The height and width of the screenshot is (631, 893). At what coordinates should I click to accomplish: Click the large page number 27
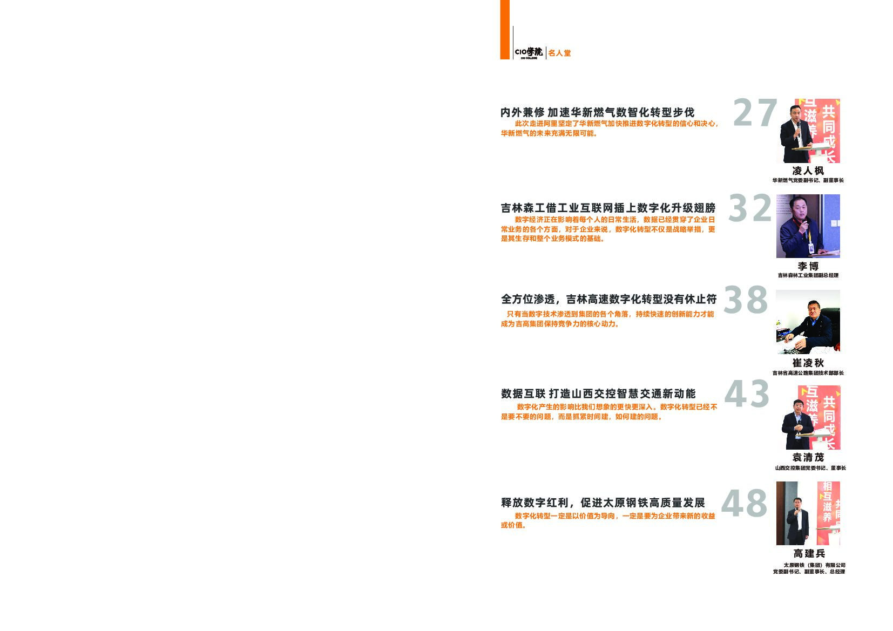point(755,113)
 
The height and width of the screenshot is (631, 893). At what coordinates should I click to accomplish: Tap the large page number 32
point(750,208)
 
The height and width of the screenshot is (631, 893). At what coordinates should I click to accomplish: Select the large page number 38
point(746,300)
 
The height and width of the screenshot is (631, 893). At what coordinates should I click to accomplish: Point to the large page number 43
point(747,393)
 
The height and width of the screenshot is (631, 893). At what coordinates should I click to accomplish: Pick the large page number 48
point(744,503)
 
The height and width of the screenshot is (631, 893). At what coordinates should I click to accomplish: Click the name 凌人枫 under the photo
point(808,171)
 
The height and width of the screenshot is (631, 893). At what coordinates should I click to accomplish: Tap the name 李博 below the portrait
point(808,266)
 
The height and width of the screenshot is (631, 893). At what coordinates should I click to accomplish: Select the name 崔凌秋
point(808,363)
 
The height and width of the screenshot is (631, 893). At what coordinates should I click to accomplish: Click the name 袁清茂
point(808,457)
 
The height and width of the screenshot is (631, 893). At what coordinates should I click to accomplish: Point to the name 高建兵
point(809,553)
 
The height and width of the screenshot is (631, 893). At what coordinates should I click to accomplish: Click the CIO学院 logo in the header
point(529,52)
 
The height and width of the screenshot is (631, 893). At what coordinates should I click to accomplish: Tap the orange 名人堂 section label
point(559,53)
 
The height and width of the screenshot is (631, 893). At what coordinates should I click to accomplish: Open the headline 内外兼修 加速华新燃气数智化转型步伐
point(597,112)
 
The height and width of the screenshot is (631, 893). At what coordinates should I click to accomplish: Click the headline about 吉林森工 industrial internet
point(608,208)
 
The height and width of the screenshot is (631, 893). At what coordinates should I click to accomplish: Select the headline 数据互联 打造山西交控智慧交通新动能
point(598,393)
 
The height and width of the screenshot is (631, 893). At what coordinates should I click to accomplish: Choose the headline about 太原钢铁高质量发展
point(603,503)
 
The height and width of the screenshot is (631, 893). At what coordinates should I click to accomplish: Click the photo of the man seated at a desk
point(808,322)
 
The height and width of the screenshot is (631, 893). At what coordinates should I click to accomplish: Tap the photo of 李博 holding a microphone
point(808,226)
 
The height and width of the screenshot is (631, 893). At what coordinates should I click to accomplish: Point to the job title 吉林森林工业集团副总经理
point(808,275)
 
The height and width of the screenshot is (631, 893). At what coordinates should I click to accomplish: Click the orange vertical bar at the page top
point(505,29)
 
